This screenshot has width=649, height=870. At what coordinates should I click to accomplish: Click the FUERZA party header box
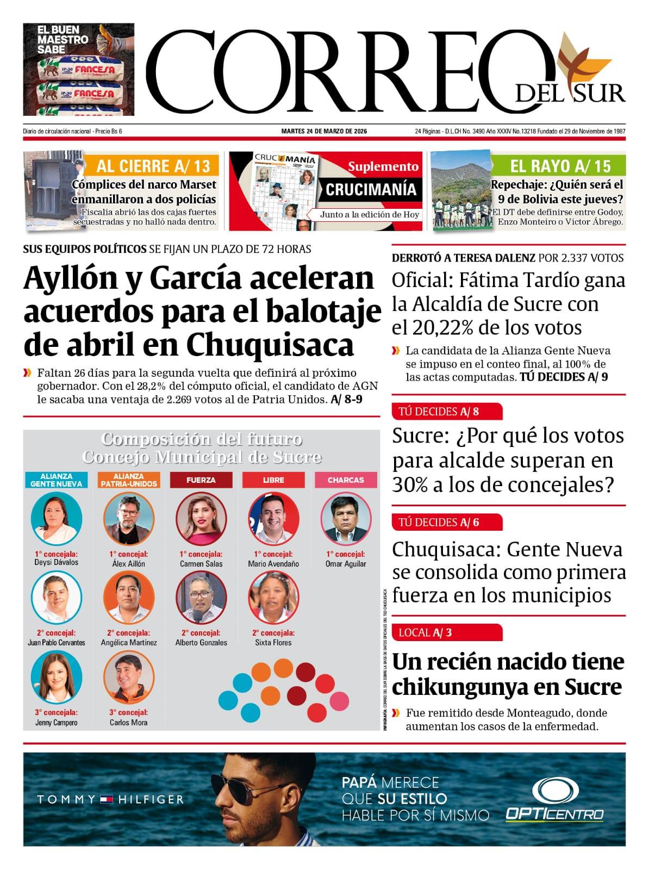coord(201,480)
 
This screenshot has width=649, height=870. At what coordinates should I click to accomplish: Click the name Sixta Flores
coord(273,642)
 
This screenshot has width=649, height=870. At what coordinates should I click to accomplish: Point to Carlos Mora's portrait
coord(129,677)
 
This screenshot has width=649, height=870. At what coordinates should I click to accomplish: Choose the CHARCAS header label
coord(346,480)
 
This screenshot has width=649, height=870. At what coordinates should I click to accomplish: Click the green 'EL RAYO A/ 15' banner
coord(560,166)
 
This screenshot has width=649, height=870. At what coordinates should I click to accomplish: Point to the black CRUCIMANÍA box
coord(371,190)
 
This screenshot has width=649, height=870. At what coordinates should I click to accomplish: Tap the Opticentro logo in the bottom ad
coord(554,799)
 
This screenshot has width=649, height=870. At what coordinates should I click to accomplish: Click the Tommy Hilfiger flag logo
coord(106,799)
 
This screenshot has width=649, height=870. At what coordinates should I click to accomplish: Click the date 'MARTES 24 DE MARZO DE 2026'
coord(324,132)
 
